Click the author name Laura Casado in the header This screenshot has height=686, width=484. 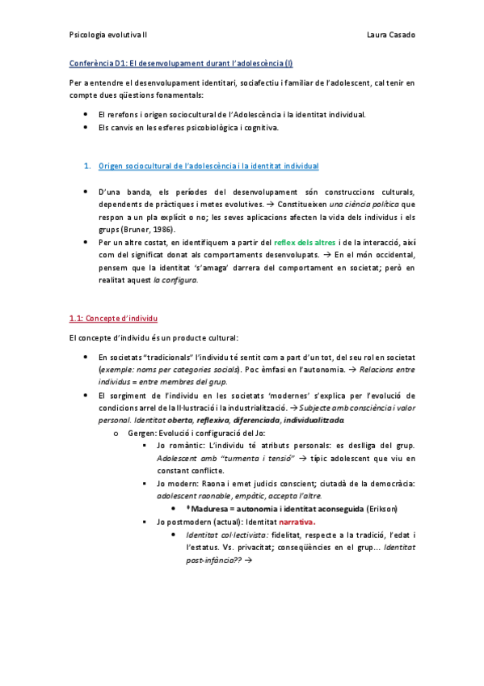click(390, 36)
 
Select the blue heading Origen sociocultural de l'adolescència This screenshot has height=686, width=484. click(208, 166)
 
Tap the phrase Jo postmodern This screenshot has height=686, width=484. click(187, 522)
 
